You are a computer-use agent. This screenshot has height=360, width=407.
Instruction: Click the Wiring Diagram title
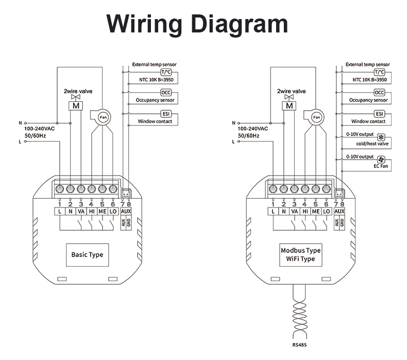pos(197,24)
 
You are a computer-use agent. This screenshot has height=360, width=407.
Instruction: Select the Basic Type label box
pos(87,255)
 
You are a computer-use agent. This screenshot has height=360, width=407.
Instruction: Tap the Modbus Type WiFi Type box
pos(300,255)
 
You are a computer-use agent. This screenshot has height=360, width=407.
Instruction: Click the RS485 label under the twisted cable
pos(299,345)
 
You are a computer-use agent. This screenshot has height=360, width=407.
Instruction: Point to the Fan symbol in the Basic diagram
pos(103,117)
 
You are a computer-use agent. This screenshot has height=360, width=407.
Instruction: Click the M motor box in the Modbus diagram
pos(289,106)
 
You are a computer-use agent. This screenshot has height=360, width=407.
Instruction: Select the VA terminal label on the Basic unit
pos(81,212)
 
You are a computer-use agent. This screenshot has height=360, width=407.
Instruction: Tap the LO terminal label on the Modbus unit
pos(326,212)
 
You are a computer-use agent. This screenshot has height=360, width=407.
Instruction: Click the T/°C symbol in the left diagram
pos(166,72)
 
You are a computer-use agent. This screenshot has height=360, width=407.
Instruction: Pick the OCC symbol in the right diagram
pos(380,93)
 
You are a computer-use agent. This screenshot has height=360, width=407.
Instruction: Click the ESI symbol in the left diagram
pos(166,114)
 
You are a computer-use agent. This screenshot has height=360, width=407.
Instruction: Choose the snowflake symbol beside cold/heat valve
pos(381,138)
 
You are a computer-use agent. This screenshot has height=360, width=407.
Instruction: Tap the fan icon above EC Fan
pos(381,160)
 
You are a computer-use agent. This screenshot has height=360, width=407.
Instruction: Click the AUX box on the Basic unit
pos(126,212)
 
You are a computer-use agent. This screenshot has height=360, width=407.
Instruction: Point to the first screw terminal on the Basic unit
pos(60,188)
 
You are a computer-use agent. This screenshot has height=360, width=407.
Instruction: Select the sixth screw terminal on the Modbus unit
pos(326,188)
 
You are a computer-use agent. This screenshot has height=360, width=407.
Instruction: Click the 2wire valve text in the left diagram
pos(78,91)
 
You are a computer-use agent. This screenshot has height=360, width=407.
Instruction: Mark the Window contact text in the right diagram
pos(368,121)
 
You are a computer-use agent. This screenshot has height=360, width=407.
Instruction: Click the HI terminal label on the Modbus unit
pos(305,212)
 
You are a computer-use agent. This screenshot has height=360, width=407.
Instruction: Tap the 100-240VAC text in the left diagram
pos(40,129)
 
